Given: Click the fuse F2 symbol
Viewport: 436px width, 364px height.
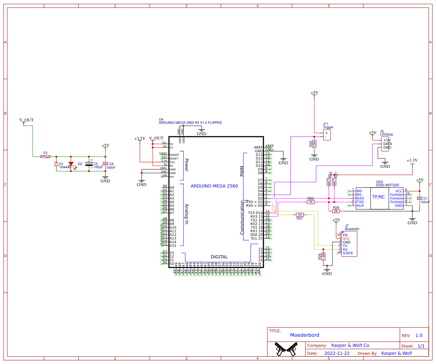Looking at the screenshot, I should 45,157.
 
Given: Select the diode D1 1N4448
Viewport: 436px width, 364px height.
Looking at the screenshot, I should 56,164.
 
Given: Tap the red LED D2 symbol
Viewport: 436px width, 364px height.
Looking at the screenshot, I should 71,164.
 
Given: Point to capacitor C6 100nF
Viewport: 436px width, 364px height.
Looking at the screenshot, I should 105,164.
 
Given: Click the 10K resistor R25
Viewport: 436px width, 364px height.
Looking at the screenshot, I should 314,144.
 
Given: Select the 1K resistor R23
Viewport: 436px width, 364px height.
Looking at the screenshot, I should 311,202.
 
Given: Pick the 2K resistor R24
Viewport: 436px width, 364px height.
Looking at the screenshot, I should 336,211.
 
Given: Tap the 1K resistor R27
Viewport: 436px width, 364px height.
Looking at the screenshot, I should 300,215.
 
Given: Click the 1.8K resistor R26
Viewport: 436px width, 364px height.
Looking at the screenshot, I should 323,256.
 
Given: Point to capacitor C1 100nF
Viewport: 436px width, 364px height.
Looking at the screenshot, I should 420,198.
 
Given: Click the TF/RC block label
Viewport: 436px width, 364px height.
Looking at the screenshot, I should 379,197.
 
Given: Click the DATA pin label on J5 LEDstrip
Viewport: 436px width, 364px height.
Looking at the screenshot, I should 387,144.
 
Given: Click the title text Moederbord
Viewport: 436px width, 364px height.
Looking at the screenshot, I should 304,335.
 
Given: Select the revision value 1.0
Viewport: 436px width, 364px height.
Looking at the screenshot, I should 419,336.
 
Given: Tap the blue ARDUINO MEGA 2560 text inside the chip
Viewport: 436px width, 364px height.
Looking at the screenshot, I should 214,186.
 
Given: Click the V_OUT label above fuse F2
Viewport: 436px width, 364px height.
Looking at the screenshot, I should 26,120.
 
